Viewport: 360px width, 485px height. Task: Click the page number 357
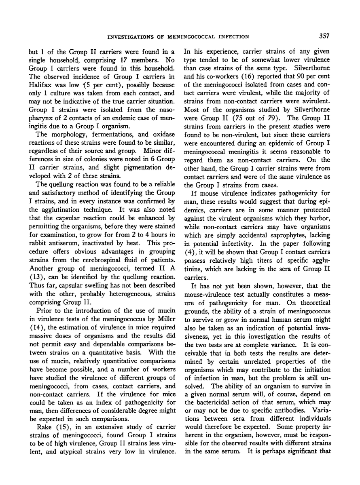324,36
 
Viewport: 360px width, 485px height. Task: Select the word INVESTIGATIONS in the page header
128,37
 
